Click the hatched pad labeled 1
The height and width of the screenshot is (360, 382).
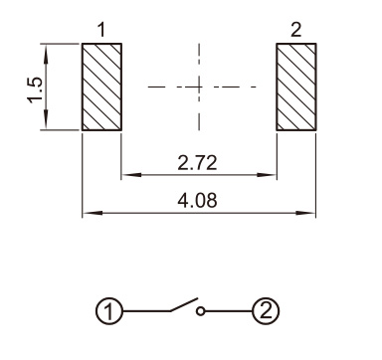pos(101,87)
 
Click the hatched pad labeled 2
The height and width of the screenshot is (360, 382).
pos(296,87)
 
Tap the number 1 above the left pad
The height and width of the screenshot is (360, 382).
pos(101,30)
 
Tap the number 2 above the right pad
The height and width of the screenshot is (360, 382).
pos(296,30)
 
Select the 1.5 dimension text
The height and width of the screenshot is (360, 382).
pos(35,90)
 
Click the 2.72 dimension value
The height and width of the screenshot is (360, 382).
pos(197,163)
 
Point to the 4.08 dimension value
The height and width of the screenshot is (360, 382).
pos(197,201)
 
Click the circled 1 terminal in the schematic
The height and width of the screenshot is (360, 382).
pos(109,311)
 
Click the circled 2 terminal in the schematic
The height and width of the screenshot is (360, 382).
pos(266,311)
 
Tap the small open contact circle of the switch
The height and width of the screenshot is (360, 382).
pos(200,311)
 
